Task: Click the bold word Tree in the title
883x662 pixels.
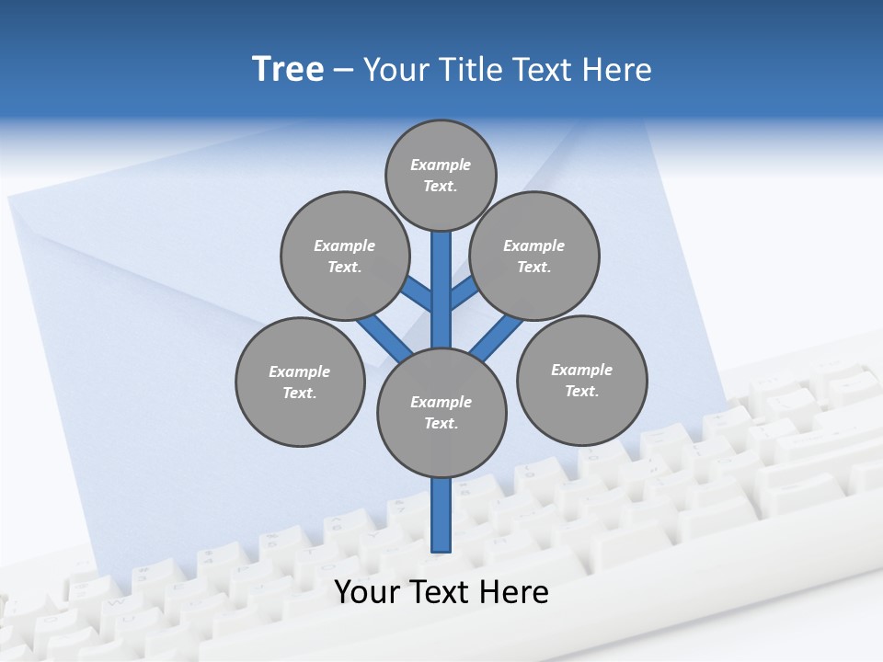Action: [288, 69]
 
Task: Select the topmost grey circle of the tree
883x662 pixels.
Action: [441, 175]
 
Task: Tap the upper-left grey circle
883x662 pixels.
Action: [344, 256]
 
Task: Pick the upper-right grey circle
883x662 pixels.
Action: [534, 256]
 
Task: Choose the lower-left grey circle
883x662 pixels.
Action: [300, 382]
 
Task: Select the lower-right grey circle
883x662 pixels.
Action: [581, 380]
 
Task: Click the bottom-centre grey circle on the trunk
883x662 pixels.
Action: [441, 412]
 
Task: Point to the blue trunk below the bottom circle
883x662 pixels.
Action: [441, 515]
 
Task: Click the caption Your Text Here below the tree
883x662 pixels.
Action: [441, 592]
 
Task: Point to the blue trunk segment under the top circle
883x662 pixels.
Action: [441, 276]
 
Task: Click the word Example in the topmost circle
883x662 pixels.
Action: [441, 165]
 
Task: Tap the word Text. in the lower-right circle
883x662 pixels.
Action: [581, 391]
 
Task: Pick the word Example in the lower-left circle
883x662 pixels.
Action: [299, 371]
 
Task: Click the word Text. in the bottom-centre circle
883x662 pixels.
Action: [441, 423]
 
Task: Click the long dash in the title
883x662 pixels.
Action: [343, 70]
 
